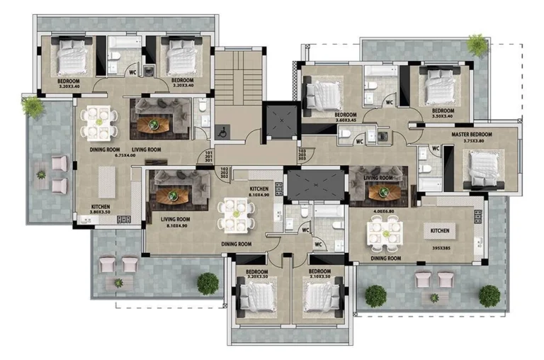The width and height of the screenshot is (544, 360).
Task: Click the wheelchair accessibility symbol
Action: coord(221,132)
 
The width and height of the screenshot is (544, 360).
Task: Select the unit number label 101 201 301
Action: coord(208,157)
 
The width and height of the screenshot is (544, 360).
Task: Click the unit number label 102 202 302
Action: coord(224,173)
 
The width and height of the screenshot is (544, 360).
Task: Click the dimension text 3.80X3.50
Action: coord(102,213)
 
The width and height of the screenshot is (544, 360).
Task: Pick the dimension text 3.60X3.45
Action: coord(345,120)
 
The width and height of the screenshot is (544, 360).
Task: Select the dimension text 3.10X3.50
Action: coord(319,277)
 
